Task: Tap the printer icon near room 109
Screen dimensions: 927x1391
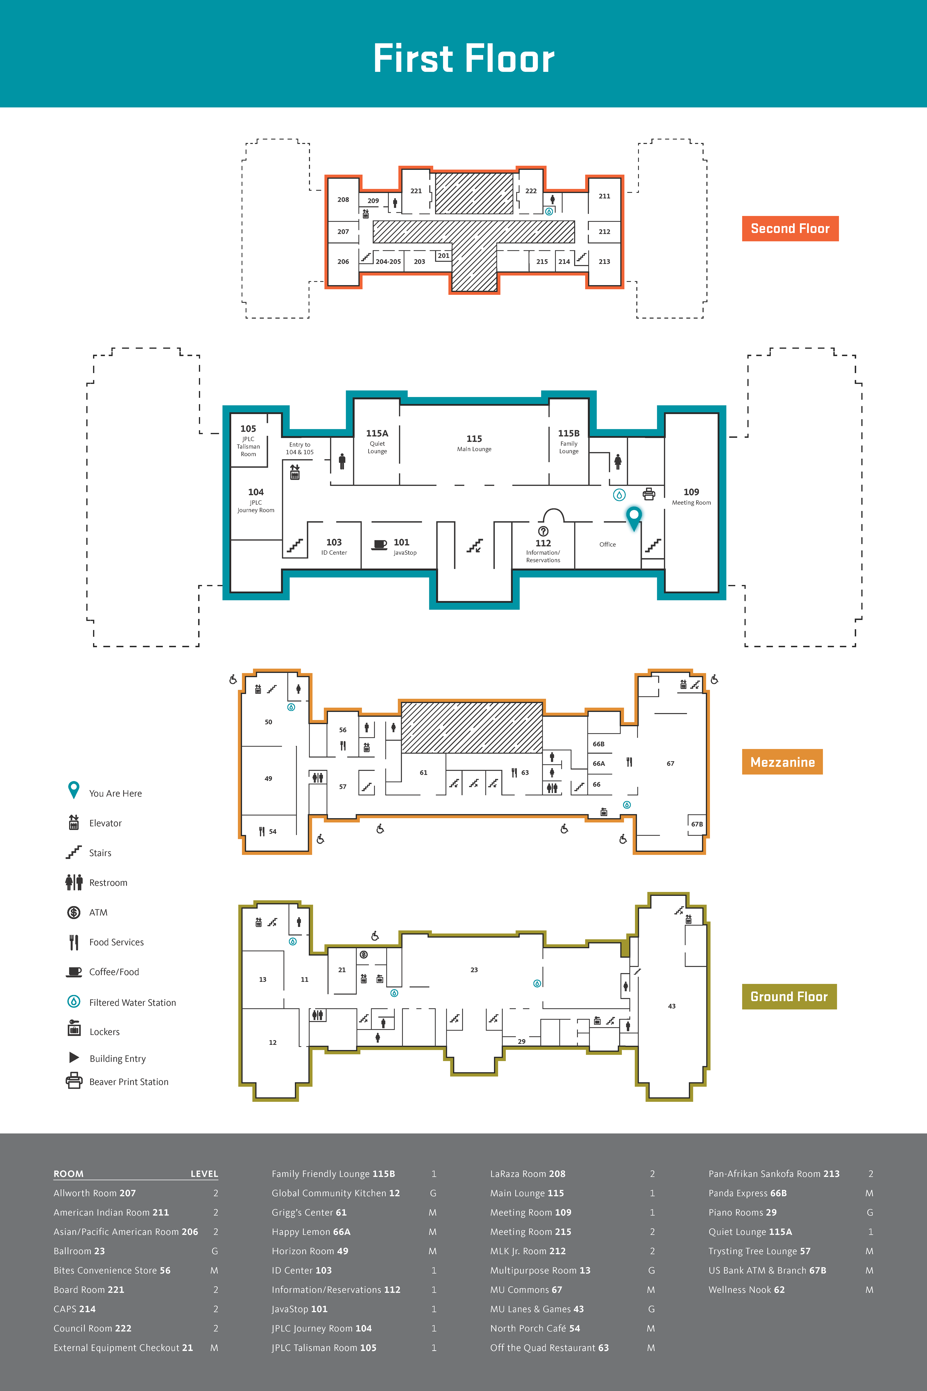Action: (649, 494)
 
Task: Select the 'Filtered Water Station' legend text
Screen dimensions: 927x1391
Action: (133, 1002)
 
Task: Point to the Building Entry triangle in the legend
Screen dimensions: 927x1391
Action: (74, 1057)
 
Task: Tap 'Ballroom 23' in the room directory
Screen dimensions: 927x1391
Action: (79, 1251)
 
